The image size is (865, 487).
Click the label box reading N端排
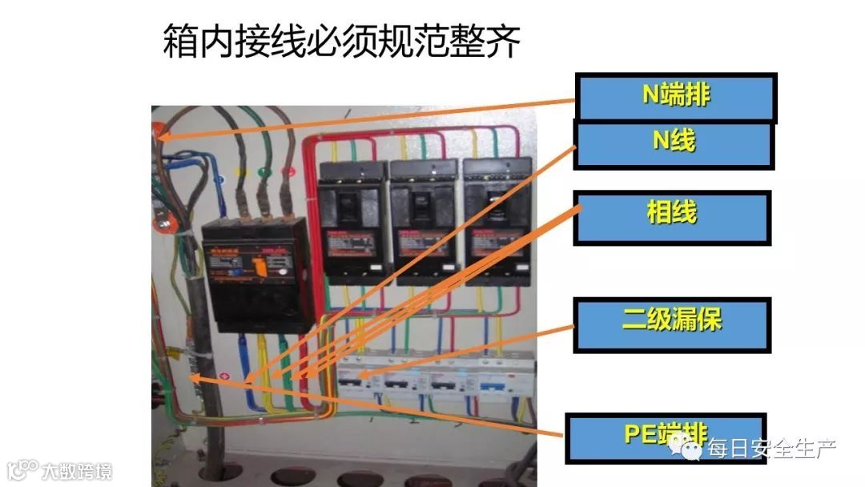point(677,97)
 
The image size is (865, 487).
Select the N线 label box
point(674,143)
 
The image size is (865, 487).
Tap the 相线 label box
point(672,216)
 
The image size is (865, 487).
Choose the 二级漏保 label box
point(672,324)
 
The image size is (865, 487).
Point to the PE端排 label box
point(666,437)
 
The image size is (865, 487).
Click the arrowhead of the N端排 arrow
point(163,136)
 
